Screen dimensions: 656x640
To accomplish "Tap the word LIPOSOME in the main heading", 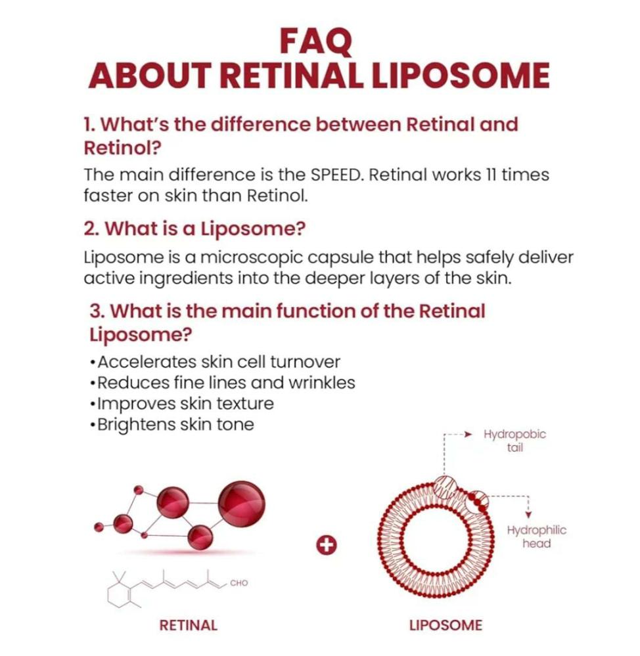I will (x=461, y=76).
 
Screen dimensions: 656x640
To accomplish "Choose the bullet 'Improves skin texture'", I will (x=184, y=403).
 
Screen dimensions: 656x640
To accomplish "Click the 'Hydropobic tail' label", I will (x=514, y=441).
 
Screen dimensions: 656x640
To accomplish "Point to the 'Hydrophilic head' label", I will (x=536, y=536).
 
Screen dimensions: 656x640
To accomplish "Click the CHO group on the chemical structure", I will (x=239, y=582).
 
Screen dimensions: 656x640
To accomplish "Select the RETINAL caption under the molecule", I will (x=188, y=625).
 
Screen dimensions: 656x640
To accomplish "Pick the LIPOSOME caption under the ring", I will (x=446, y=625).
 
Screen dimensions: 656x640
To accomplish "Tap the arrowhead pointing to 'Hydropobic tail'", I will (x=469, y=434).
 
